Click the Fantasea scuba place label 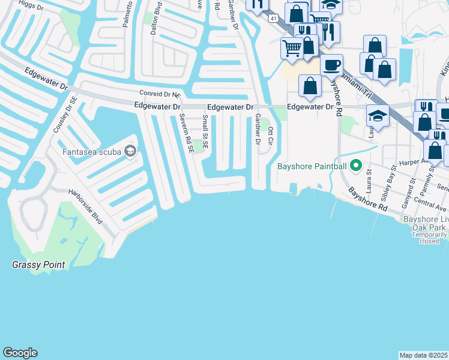pyautogui.click(x=92, y=152)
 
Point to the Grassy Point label pyautogui.click(x=38, y=265)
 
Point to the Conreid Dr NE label pyautogui.click(x=160, y=94)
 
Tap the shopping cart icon pyautogui.click(x=292, y=48)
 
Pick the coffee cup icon pyautogui.click(x=331, y=64)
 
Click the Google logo pyautogui.click(x=20, y=353)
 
